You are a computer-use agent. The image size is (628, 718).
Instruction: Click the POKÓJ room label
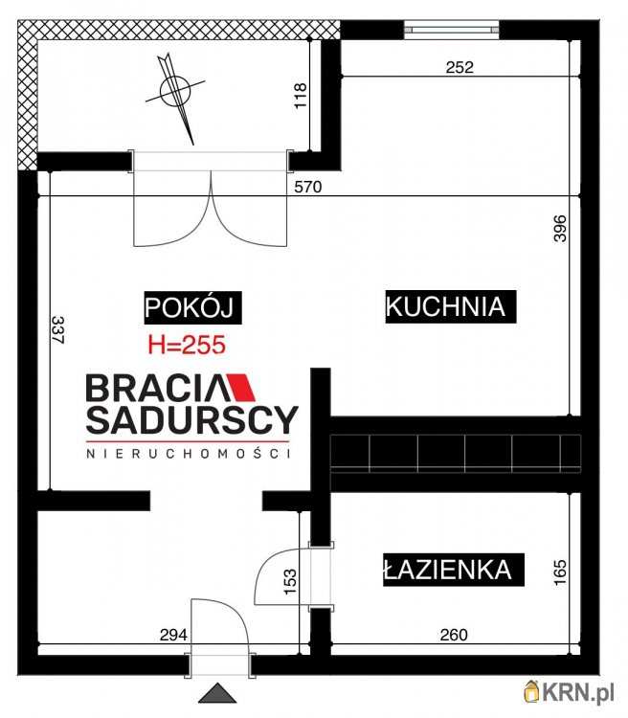click(x=190, y=307)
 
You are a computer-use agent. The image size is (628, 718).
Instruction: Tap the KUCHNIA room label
click(x=445, y=307)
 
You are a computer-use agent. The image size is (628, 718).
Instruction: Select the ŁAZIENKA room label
click(x=446, y=571)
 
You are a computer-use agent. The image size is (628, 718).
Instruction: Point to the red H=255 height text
click(x=186, y=347)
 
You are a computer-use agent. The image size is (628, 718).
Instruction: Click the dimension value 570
click(x=307, y=189)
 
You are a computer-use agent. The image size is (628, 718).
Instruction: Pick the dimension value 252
click(x=460, y=67)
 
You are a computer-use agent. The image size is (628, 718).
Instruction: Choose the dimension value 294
click(x=173, y=634)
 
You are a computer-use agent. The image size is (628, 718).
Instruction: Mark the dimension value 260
click(x=454, y=634)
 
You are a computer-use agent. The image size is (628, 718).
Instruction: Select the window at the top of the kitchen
click(x=452, y=29)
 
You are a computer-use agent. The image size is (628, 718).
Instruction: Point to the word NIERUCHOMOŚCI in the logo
click(x=188, y=454)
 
